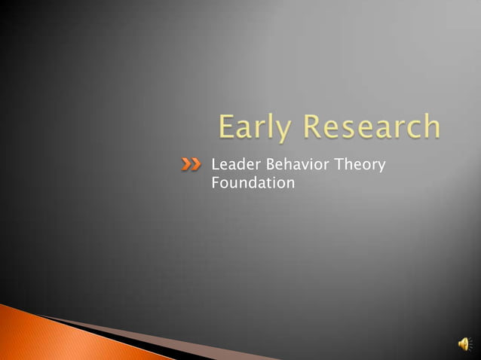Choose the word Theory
(x=359, y=164)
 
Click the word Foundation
(x=253, y=182)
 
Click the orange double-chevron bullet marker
(x=191, y=164)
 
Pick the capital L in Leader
(x=216, y=163)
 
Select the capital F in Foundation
(x=216, y=182)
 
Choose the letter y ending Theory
(x=381, y=166)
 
